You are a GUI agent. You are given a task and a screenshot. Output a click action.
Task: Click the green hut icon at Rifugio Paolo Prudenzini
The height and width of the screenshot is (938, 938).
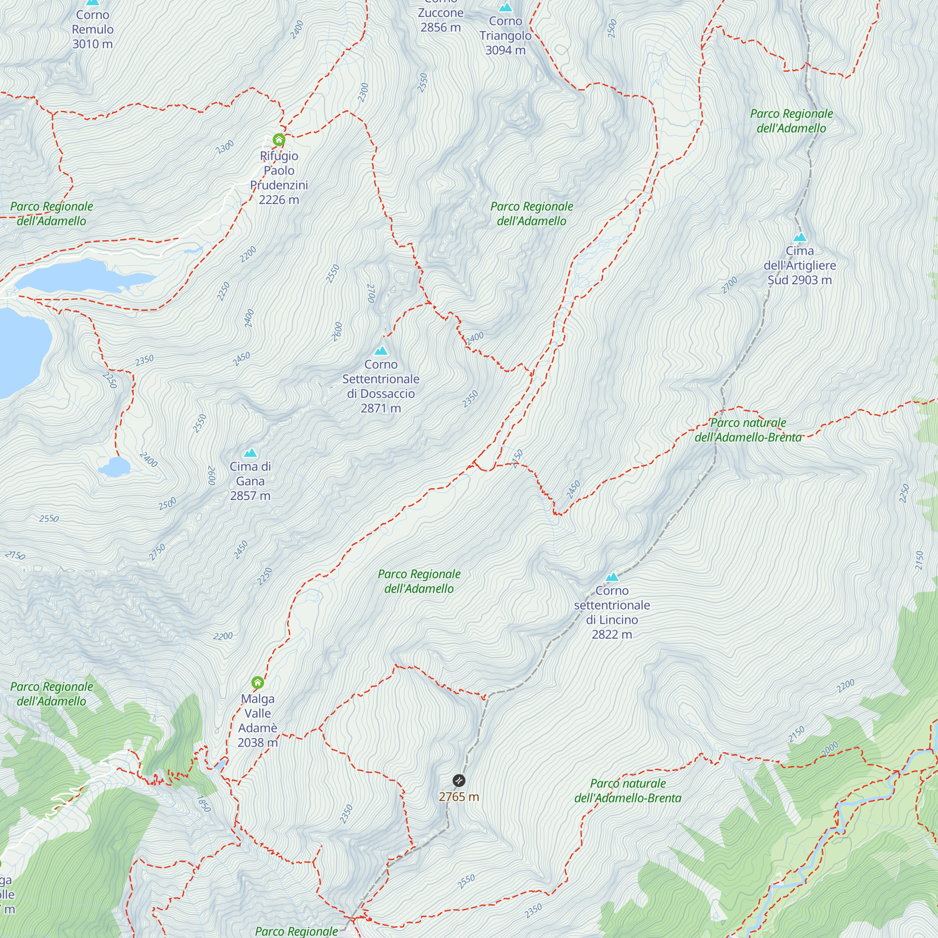(279, 140)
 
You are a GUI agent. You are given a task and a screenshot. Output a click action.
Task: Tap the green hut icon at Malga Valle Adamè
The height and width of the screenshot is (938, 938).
(258, 682)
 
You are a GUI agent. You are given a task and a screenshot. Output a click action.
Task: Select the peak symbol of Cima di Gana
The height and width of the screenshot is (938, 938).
(250, 453)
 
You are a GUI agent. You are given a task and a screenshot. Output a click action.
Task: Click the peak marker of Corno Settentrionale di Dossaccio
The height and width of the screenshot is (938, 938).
(381, 350)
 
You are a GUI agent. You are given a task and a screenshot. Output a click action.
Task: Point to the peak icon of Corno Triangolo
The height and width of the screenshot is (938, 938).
(506, 8)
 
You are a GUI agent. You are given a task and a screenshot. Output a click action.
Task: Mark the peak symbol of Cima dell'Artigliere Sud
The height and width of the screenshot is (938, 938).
(800, 237)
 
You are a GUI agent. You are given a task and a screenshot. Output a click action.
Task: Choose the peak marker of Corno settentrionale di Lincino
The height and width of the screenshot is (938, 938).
(612, 577)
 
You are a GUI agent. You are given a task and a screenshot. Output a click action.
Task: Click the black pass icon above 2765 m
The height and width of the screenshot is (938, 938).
(459, 780)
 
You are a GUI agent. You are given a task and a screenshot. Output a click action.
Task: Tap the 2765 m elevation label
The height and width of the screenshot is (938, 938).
(459, 797)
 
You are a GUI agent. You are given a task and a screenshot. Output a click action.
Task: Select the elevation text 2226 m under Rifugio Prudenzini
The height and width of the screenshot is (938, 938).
(279, 199)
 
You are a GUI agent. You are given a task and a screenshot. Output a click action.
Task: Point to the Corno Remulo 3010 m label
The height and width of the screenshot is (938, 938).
(92, 29)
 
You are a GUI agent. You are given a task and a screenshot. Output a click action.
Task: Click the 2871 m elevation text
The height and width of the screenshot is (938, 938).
(381, 408)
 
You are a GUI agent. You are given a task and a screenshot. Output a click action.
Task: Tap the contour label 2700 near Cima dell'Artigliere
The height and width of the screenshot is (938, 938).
(729, 285)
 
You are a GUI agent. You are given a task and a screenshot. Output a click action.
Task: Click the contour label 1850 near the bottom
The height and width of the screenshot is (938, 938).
(204, 803)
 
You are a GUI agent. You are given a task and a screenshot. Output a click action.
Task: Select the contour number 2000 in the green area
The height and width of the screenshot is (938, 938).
(829, 749)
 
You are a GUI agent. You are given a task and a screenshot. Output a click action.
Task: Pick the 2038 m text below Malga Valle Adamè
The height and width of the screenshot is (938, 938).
(257, 742)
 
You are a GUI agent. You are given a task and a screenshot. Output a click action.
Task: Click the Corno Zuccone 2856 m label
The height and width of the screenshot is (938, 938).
(440, 19)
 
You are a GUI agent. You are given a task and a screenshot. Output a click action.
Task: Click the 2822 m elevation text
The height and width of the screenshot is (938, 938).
(612, 634)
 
